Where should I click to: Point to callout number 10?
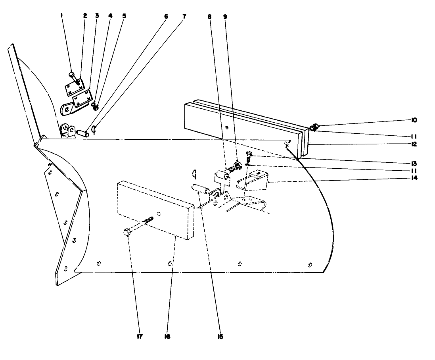point(414,119)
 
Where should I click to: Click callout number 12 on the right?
point(414,144)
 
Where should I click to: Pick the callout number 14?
point(414,178)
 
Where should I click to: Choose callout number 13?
point(414,163)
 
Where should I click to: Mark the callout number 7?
point(184,16)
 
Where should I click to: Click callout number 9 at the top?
point(225,16)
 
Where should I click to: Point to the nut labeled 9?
point(237,166)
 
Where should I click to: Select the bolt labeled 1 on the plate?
point(72,75)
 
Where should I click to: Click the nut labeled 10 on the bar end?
point(316,127)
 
